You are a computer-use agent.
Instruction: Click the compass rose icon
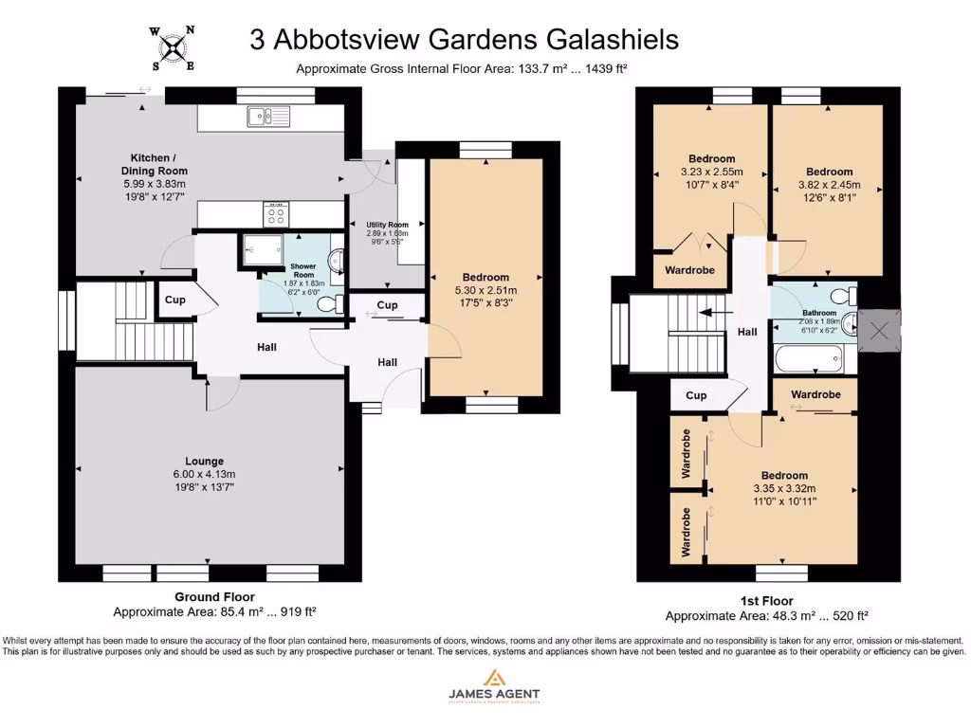[x=172, y=47]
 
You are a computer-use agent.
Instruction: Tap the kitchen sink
[x=268, y=116]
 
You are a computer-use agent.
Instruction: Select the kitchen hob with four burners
[x=276, y=213]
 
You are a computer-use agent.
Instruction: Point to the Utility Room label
[x=387, y=225]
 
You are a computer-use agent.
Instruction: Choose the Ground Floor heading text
[x=214, y=596]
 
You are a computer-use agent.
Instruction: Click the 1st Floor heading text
[x=766, y=601]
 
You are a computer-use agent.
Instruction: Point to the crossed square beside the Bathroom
[x=879, y=331]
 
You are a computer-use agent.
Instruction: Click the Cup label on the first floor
[x=696, y=395]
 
